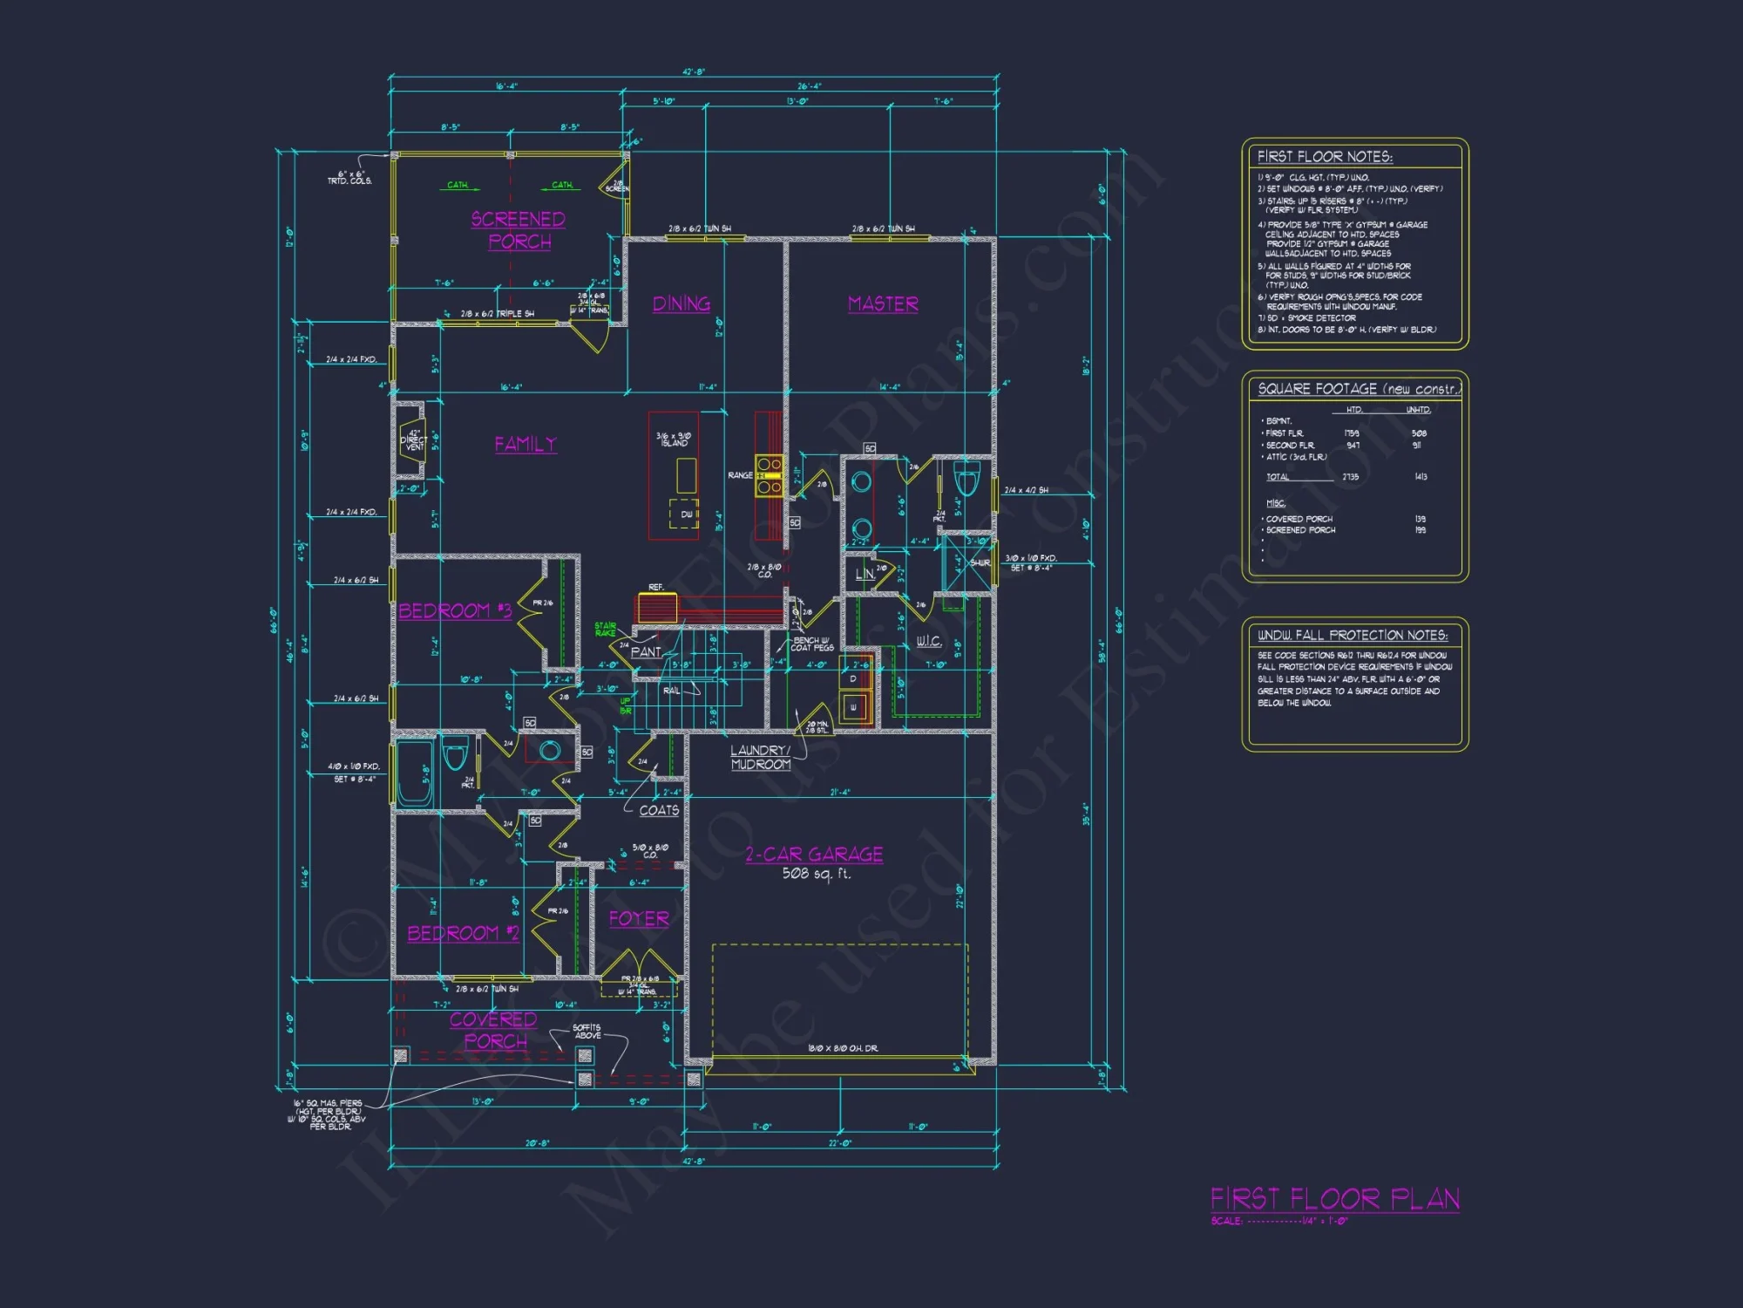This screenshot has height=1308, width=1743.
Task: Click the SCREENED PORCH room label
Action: (x=519, y=230)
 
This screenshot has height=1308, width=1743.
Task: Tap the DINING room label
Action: (x=682, y=303)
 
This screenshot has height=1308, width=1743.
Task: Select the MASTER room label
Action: (x=883, y=303)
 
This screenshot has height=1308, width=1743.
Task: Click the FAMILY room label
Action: (x=526, y=444)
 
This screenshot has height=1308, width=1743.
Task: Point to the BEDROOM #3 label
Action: (x=455, y=610)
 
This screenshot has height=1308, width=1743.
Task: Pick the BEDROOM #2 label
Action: (x=463, y=933)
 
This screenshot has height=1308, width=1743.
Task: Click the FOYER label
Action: (x=639, y=919)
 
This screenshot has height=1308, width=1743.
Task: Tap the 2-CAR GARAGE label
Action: (x=814, y=855)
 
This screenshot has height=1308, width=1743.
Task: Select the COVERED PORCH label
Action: (x=494, y=1030)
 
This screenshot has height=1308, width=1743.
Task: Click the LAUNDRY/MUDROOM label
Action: (x=761, y=757)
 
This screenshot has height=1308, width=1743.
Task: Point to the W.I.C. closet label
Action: (x=928, y=641)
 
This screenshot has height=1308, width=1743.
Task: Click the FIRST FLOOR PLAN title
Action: (x=1334, y=1199)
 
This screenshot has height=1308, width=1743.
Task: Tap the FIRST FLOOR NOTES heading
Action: (x=1325, y=157)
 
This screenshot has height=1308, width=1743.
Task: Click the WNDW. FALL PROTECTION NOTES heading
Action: (x=1352, y=635)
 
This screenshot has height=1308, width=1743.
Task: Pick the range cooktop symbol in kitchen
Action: (x=769, y=475)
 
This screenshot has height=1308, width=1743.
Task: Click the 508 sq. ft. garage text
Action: (x=816, y=873)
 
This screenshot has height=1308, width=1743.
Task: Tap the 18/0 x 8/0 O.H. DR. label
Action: (x=843, y=1048)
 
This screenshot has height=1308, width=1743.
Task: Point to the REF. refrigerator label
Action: (x=656, y=588)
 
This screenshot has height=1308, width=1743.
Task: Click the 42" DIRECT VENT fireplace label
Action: (x=414, y=439)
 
